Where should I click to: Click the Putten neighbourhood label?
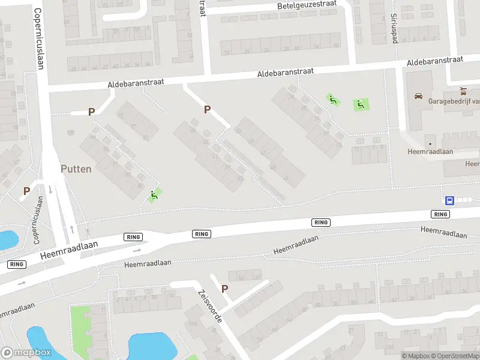(76, 169)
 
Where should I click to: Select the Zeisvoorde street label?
(209, 306)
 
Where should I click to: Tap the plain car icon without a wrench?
(418, 95)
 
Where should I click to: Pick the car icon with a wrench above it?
(463, 92)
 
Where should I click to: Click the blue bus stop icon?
(449, 201)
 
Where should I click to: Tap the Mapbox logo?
(26, 353)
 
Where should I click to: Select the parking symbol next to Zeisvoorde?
(225, 289)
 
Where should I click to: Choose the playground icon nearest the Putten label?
(154, 194)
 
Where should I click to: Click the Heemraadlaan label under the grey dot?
(430, 152)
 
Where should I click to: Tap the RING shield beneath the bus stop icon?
(441, 214)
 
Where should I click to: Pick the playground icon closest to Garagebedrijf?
(361, 104)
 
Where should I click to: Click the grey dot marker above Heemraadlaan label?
(430, 143)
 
